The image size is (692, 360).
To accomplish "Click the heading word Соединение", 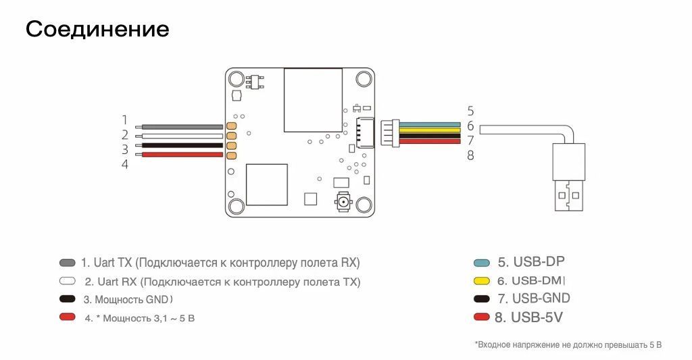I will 97,29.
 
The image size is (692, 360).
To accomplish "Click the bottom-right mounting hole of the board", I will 364,206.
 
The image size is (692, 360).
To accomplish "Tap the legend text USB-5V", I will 538,317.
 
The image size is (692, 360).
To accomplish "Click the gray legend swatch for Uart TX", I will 68,263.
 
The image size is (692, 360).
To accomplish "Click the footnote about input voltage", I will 568,345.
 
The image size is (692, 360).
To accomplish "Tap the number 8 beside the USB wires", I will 470,155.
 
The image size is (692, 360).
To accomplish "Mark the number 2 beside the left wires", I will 125,135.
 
